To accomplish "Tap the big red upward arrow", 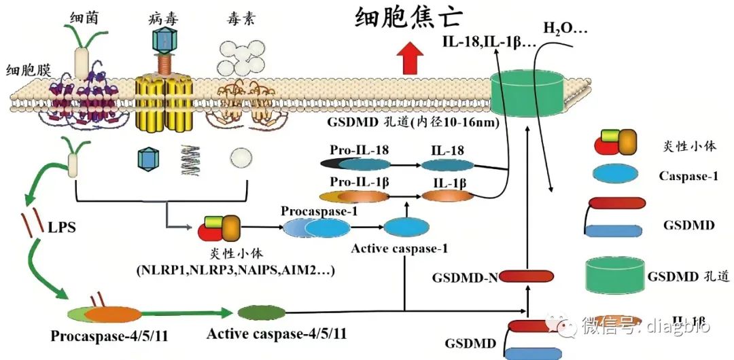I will [x=409, y=58].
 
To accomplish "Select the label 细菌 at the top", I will [x=84, y=17].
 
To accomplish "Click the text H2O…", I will [x=565, y=29].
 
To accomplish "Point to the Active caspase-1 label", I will [x=400, y=248].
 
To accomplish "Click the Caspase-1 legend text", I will [x=688, y=177].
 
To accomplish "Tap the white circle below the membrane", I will [x=240, y=160].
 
